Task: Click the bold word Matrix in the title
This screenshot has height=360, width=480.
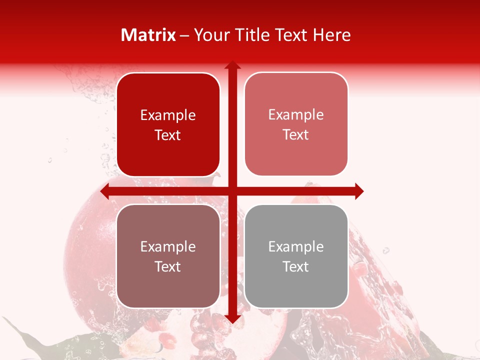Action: pos(148,35)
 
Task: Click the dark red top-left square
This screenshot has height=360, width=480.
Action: pos(168,124)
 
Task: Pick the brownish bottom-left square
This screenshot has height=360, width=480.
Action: pos(168,256)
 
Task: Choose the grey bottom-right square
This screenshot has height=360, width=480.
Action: pos(296,256)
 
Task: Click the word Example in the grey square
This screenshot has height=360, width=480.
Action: pos(296,246)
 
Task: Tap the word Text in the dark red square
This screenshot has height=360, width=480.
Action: pos(168,135)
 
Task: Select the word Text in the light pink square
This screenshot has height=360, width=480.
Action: pos(296,134)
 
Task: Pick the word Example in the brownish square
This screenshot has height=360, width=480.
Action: pos(168,246)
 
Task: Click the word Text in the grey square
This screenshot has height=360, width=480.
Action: pos(296,266)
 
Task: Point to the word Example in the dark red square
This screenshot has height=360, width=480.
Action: pos(168,115)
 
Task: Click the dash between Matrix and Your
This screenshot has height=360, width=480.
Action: pos(185,35)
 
